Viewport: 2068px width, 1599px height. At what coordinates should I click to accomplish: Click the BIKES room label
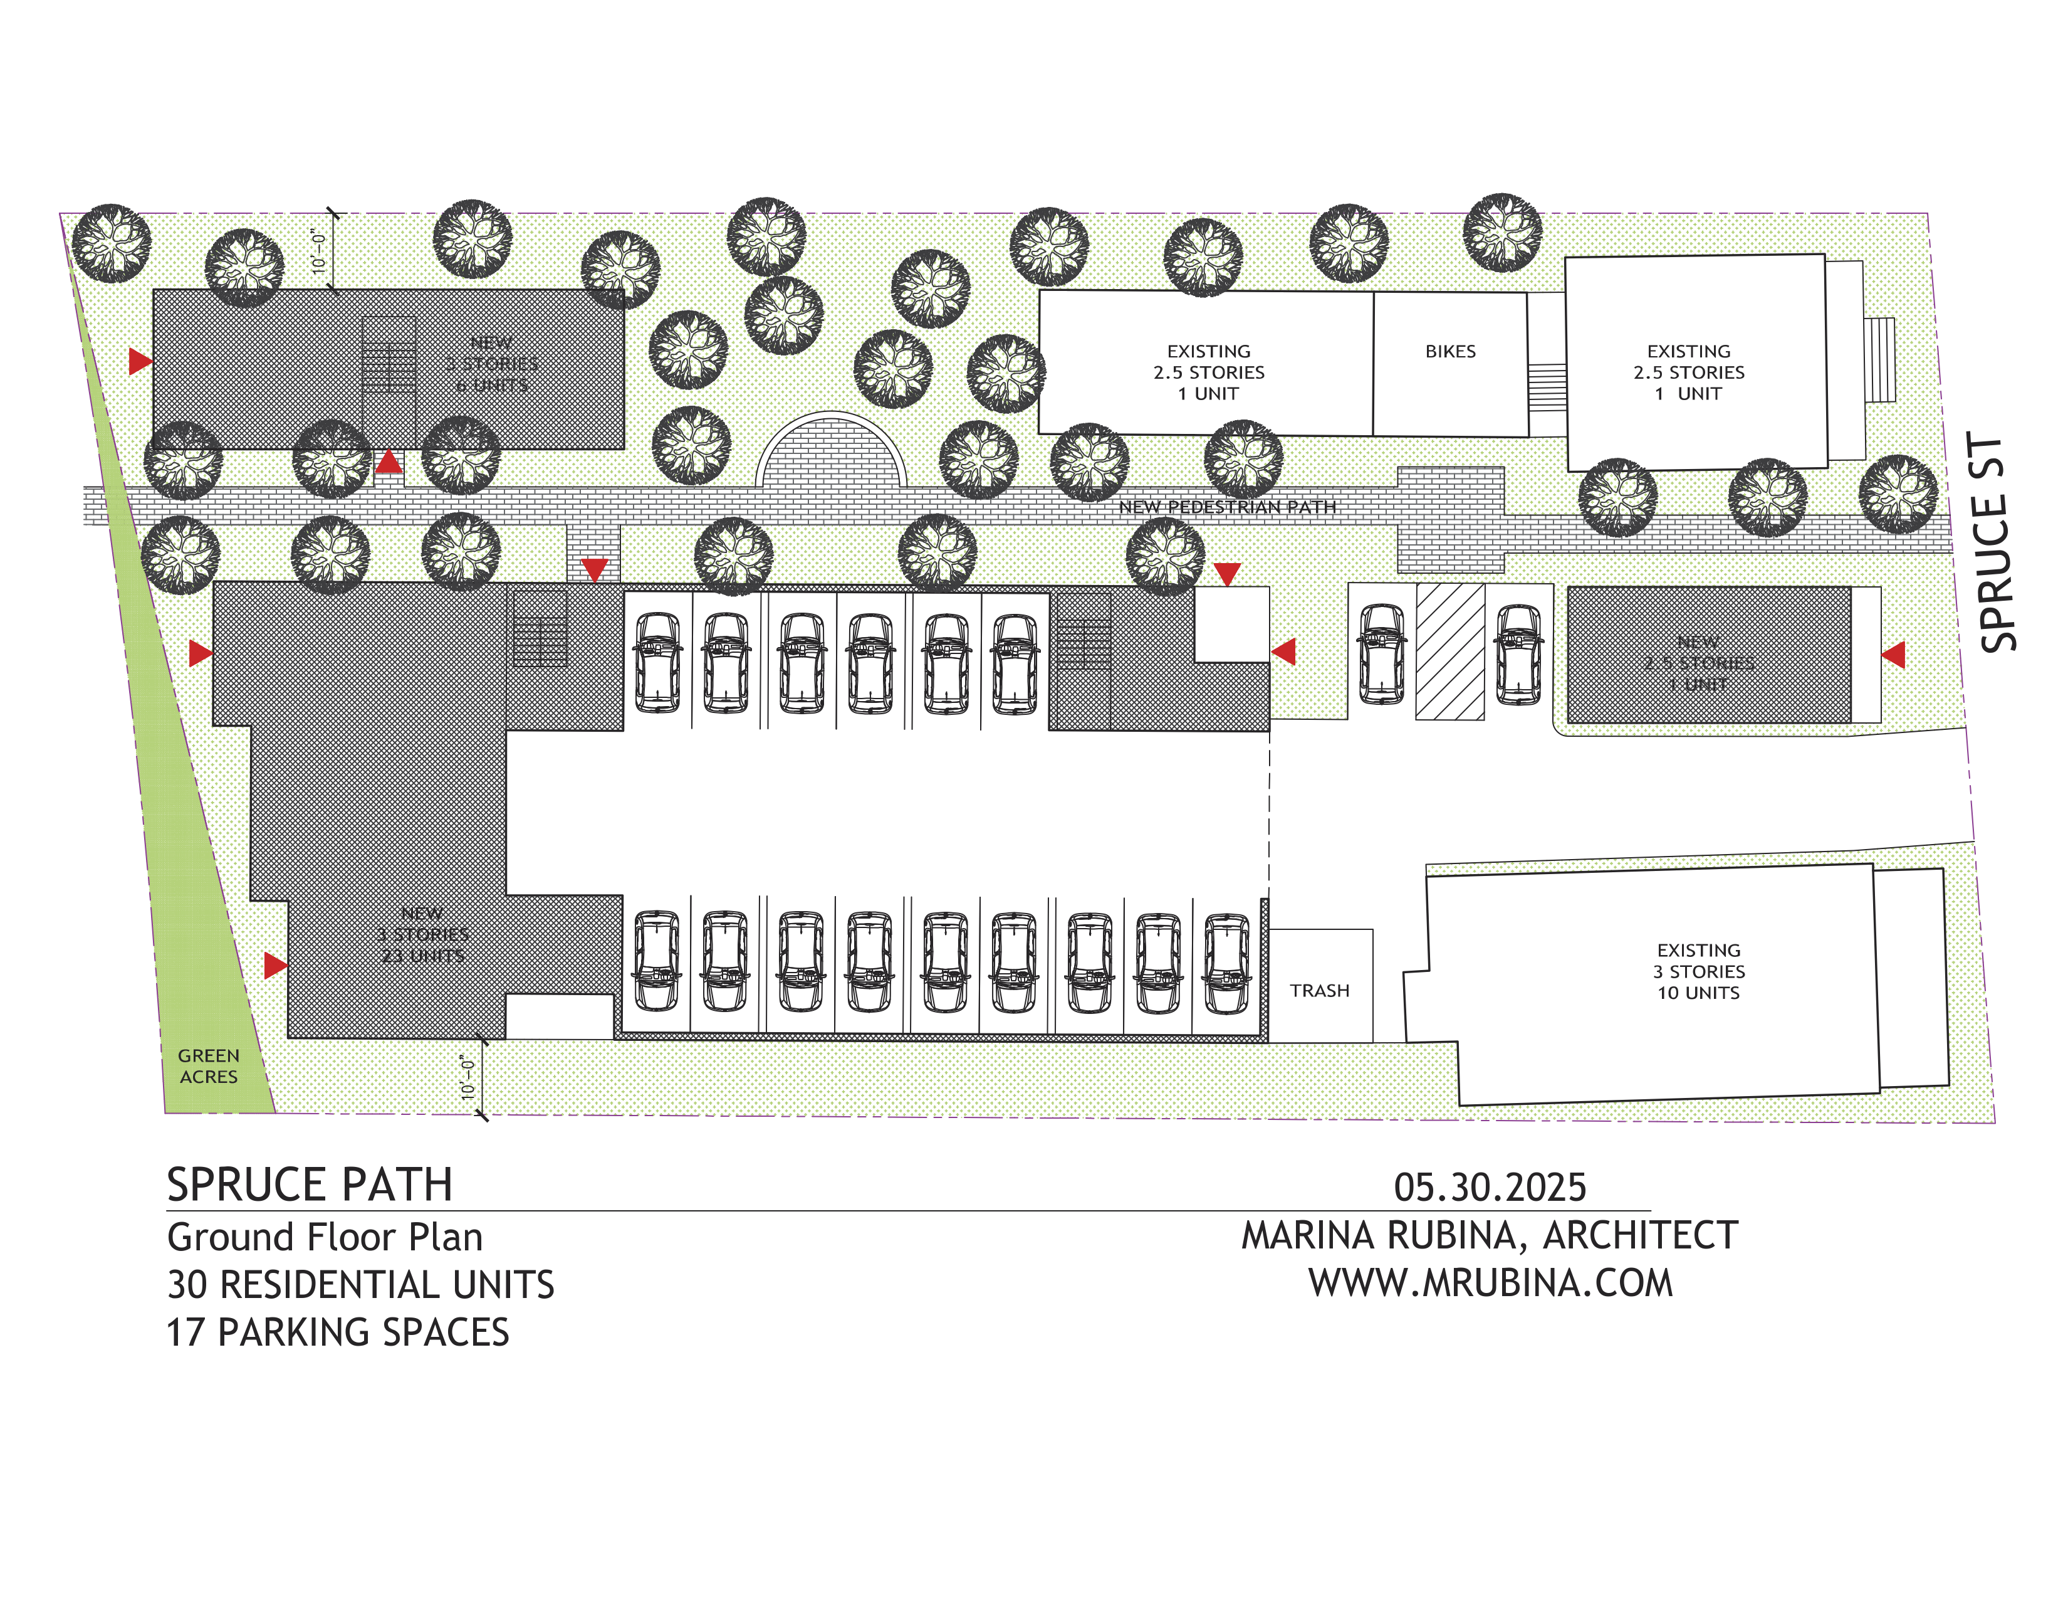point(1449,351)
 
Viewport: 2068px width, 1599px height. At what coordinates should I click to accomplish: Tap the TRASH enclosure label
point(1319,991)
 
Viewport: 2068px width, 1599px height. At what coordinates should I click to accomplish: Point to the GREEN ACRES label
point(208,1065)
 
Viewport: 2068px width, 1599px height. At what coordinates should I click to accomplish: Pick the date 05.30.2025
point(1490,1188)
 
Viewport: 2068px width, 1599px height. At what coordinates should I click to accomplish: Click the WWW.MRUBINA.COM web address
point(1490,1284)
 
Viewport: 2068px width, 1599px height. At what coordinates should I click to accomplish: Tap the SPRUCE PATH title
point(310,1185)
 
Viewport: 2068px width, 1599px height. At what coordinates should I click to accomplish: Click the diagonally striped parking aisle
point(1449,652)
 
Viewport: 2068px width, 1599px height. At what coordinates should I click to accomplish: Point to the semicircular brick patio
point(830,454)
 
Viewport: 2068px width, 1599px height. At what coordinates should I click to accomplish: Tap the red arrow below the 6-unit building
point(389,462)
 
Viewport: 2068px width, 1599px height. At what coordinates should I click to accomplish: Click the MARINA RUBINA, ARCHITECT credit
point(1490,1236)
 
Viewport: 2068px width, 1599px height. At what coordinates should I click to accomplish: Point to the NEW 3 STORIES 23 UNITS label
point(422,935)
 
